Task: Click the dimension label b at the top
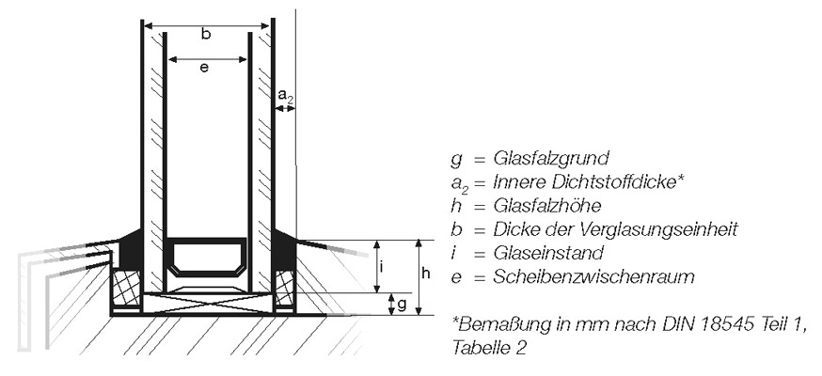207,35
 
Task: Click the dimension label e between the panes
205,68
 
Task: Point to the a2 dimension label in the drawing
285,97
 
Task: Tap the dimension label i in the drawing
382,267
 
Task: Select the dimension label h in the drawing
426,273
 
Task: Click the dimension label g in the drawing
402,305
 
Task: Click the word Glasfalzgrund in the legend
551,158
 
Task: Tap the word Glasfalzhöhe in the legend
546,206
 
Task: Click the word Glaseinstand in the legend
548,253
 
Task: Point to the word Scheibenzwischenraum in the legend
593,276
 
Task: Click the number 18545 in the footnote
724,324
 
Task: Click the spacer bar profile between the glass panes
205,258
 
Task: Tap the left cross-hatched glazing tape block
127,288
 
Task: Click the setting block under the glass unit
208,304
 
